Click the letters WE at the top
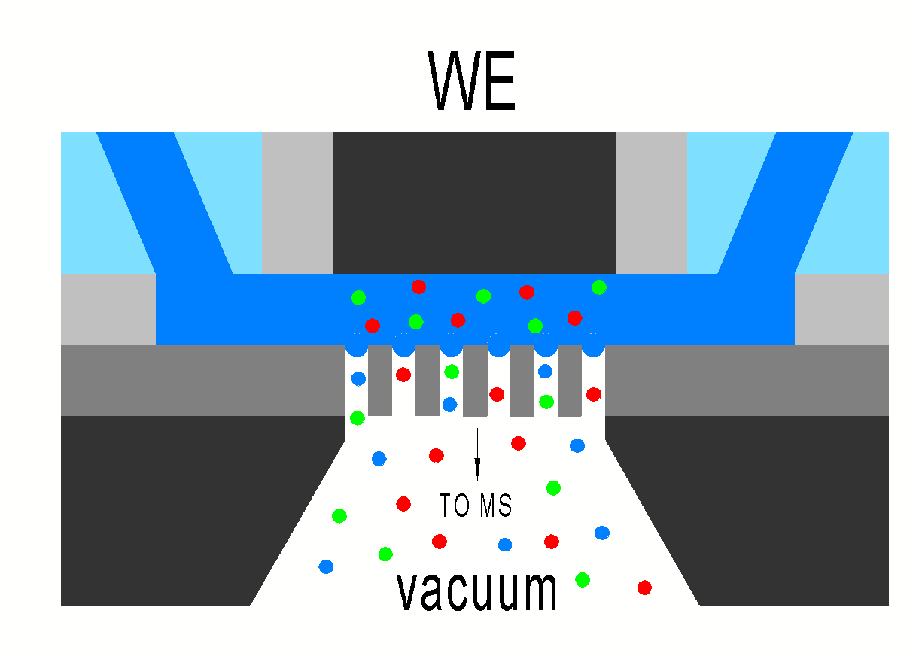tap(473, 81)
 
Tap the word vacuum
tap(477, 591)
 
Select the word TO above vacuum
tap(454, 506)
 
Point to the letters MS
tap(496, 506)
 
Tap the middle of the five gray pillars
tap(475, 381)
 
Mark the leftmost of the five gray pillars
tap(380, 381)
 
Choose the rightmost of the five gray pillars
tap(570, 381)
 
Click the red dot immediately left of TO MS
tap(403, 503)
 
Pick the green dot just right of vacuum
tap(582, 579)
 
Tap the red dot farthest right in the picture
tap(644, 588)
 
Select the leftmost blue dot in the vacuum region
tap(326, 566)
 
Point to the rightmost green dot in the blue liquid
tap(598, 287)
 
